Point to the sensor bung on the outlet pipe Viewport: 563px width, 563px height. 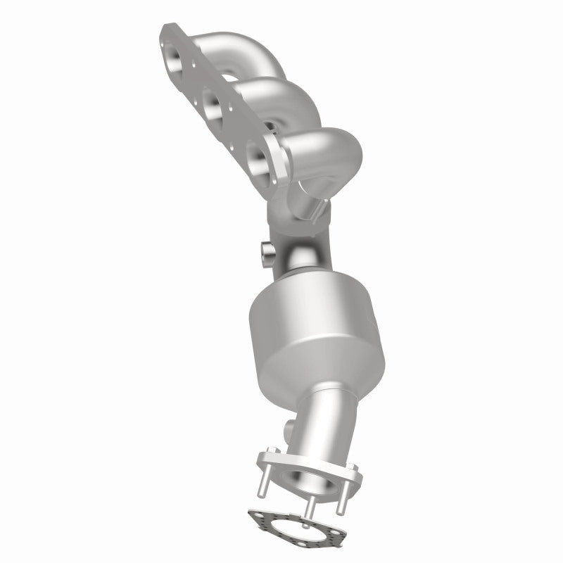click(x=289, y=428)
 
